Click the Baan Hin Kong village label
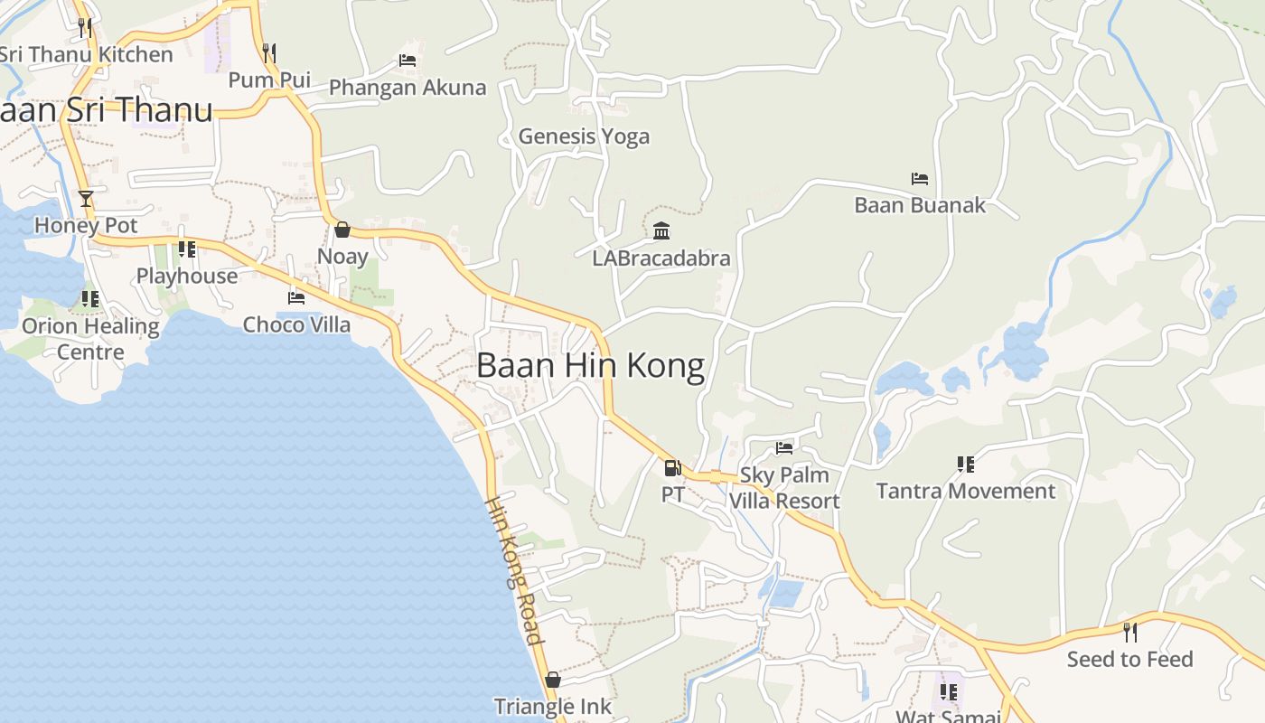(x=590, y=366)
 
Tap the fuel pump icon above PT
(x=672, y=467)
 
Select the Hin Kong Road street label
(x=516, y=570)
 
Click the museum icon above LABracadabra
(x=661, y=231)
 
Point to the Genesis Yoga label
(x=584, y=136)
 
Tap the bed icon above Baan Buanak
(x=920, y=179)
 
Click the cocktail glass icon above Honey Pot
(x=86, y=199)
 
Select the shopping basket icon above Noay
(x=342, y=230)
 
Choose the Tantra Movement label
(x=965, y=491)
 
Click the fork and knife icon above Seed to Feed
(x=1129, y=632)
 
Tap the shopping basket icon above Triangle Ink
(x=553, y=680)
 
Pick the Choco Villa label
(x=296, y=324)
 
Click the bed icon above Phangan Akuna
(x=408, y=61)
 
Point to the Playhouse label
(x=187, y=276)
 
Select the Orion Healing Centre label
(x=90, y=338)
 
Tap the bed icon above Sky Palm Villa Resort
(x=784, y=447)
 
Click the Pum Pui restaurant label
(x=269, y=80)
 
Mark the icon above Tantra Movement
(x=966, y=465)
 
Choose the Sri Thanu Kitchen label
(x=86, y=54)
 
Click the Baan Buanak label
(x=920, y=205)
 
